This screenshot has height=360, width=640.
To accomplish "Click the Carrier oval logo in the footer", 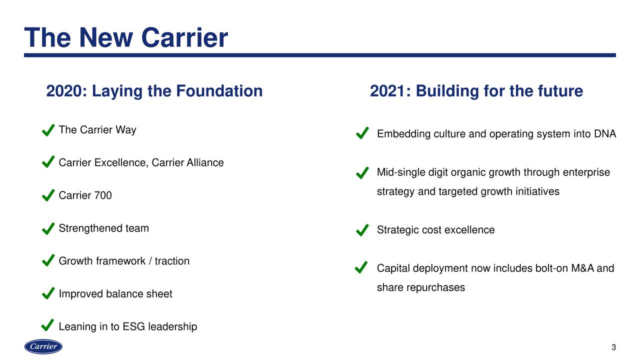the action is [x=43, y=346].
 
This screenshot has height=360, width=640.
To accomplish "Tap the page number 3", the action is [x=613, y=347].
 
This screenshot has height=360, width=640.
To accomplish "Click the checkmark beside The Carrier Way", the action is [x=48, y=130].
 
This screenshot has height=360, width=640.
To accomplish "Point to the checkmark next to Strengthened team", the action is [x=48, y=228].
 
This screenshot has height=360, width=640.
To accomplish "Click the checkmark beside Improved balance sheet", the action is [x=48, y=293].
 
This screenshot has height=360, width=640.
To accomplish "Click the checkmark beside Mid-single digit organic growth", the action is [x=362, y=172].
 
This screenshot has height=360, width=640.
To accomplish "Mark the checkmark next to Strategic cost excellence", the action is [x=362, y=230].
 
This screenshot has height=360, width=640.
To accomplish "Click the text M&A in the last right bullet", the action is [x=582, y=268].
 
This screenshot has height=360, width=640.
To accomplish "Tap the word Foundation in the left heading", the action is [x=219, y=91].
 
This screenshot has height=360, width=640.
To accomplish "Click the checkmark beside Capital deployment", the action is [x=361, y=267].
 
